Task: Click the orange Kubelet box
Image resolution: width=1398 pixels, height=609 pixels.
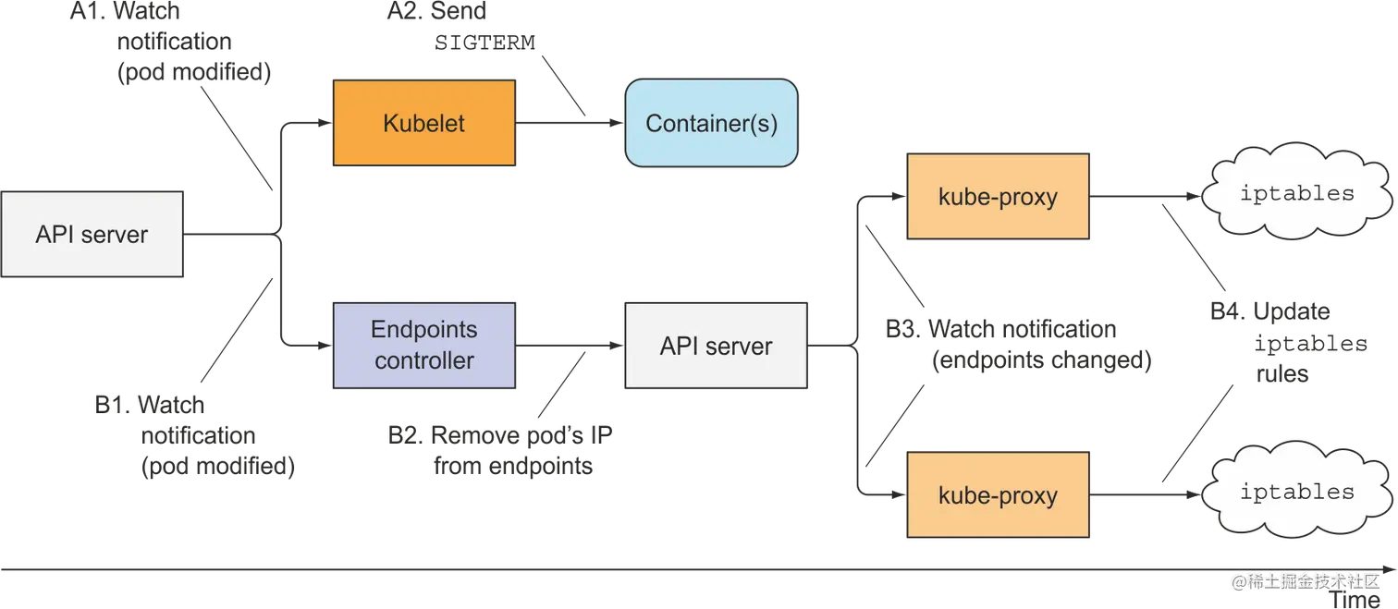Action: (x=424, y=123)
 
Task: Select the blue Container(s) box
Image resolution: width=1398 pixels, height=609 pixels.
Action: (x=711, y=123)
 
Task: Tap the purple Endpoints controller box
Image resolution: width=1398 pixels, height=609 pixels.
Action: (x=424, y=345)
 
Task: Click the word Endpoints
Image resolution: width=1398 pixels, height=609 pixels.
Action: (x=424, y=330)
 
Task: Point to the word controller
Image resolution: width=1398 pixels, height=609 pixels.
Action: (x=424, y=360)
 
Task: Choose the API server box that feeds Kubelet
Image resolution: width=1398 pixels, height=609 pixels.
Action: (x=92, y=235)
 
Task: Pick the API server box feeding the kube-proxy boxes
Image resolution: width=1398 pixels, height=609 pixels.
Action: (x=716, y=347)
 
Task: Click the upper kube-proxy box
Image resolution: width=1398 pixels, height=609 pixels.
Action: (x=998, y=198)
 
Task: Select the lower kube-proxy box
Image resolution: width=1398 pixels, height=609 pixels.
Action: (x=998, y=495)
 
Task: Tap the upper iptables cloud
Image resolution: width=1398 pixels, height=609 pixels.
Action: (x=1296, y=195)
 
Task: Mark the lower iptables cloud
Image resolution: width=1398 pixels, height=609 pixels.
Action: (x=1296, y=493)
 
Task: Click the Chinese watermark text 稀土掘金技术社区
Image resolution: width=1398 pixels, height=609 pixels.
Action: (x=1312, y=580)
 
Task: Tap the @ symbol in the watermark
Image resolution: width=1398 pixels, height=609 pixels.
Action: (x=1237, y=580)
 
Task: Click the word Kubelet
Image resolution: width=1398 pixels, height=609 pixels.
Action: (x=424, y=123)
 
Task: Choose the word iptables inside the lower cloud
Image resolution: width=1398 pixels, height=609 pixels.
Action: (x=1296, y=492)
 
